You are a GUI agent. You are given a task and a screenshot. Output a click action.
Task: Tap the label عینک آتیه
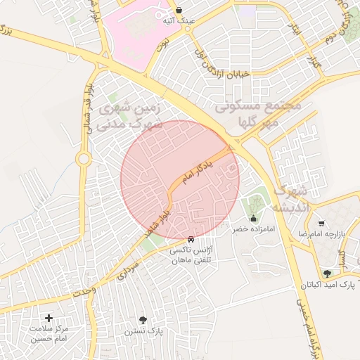coord(179,22)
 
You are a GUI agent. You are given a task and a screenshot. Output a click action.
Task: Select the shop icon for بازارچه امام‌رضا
coord(321,222)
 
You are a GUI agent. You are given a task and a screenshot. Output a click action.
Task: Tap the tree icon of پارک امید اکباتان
coord(327,274)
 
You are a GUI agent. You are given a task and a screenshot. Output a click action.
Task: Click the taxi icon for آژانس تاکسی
coord(191,239)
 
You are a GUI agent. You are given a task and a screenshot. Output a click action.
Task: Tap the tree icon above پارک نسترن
coord(143,320)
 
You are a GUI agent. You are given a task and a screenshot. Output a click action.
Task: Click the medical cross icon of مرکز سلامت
coord(49,318)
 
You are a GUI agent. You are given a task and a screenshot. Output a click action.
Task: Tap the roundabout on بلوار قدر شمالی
coord(83,159)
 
